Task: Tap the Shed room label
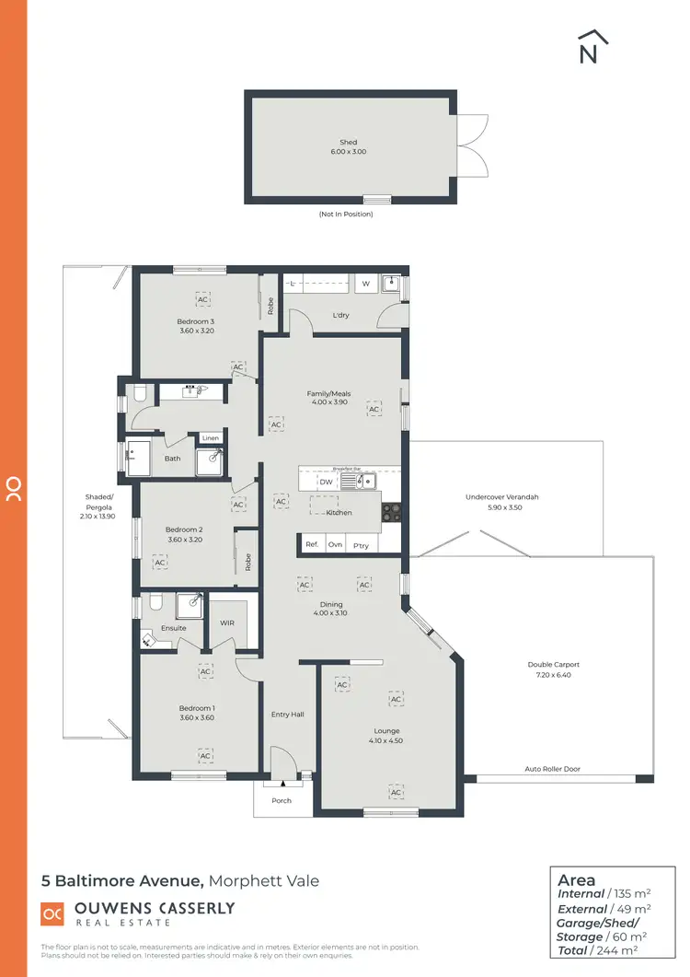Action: pos(348,143)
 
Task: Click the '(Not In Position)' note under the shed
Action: pos(346,214)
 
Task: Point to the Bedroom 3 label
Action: pos(195,321)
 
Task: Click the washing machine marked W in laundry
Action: pos(365,284)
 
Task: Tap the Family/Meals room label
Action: pos(328,393)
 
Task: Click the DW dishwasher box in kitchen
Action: pos(326,482)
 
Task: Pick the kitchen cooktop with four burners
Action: pos(391,512)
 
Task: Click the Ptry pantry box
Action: pos(361,545)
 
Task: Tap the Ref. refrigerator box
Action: pos(312,545)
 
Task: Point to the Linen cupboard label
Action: pos(211,437)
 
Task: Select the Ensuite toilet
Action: pos(155,603)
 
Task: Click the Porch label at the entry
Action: pos(282,800)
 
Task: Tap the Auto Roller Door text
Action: pos(552,769)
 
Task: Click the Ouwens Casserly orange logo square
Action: pos(52,913)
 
